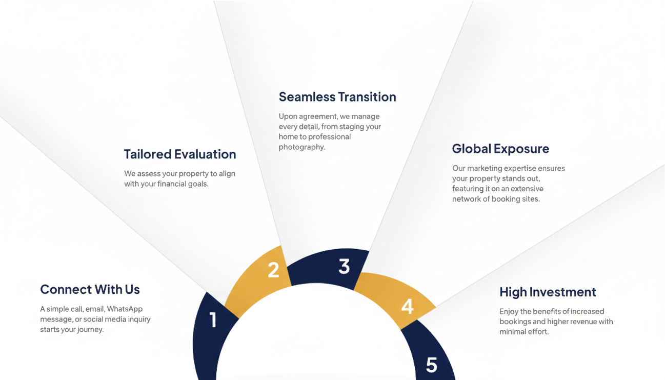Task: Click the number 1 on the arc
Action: [x=213, y=319]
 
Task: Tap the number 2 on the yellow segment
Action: [x=273, y=270]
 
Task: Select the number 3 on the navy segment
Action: [x=344, y=266]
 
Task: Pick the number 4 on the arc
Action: [x=407, y=306]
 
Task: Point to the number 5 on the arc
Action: [x=432, y=365]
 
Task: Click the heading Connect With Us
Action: [x=90, y=289]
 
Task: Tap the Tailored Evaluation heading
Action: [x=180, y=154]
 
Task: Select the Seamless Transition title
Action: [x=337, y=97]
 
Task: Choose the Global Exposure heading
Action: [x=500, y=148]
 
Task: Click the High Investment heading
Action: [x=548, y=292]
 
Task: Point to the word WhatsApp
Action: [x=125, y=309]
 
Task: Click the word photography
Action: [x=301, y=147]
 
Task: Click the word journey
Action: [x=90, y=330]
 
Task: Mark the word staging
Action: [x=351, y=127]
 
